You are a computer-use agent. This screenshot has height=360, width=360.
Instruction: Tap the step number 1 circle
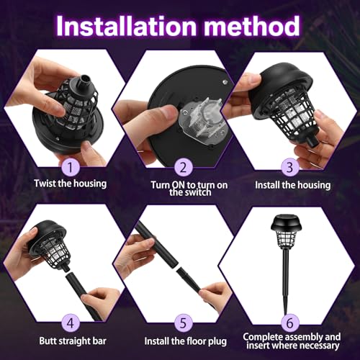click(x=71, y=167)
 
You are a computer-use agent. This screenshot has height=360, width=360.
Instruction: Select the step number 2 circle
click(x=184, y=167)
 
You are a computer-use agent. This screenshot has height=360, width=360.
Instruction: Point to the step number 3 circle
click(x=289, y=167)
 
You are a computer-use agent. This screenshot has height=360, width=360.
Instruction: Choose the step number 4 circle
click(x=71, y=323)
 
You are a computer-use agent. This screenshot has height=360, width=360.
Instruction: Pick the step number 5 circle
click(x=184, y=323)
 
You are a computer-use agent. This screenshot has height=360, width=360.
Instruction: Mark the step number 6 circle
click(x=289, y=323)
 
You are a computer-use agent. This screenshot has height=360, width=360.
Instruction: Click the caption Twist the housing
click(x=70, y=184)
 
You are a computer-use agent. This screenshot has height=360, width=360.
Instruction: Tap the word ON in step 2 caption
click(x=179, y=185)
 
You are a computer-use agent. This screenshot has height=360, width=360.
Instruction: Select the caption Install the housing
click(x=292, y=185)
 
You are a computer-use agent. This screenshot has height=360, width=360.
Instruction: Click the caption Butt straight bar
click(x=73, y=341)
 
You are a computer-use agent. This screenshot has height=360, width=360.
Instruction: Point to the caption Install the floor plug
click(x=186, y=341)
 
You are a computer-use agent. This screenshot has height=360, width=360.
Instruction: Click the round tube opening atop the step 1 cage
click(x=84, y=80)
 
